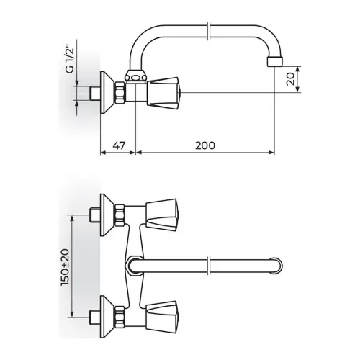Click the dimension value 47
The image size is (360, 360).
[x=119, y=145]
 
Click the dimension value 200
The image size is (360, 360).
[x=205, y=145]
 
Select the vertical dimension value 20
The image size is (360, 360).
[x=290, y=79]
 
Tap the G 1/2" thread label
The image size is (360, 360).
[x=69, y=59]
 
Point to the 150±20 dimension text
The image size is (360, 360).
[x=65, y=267]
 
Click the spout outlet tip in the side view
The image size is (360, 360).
[x=275, y=62]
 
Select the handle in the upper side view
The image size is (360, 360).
[x=163, y=92]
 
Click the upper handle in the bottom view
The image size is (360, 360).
[x=162, y=215]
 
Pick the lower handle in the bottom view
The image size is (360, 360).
[x=162, y=318]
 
